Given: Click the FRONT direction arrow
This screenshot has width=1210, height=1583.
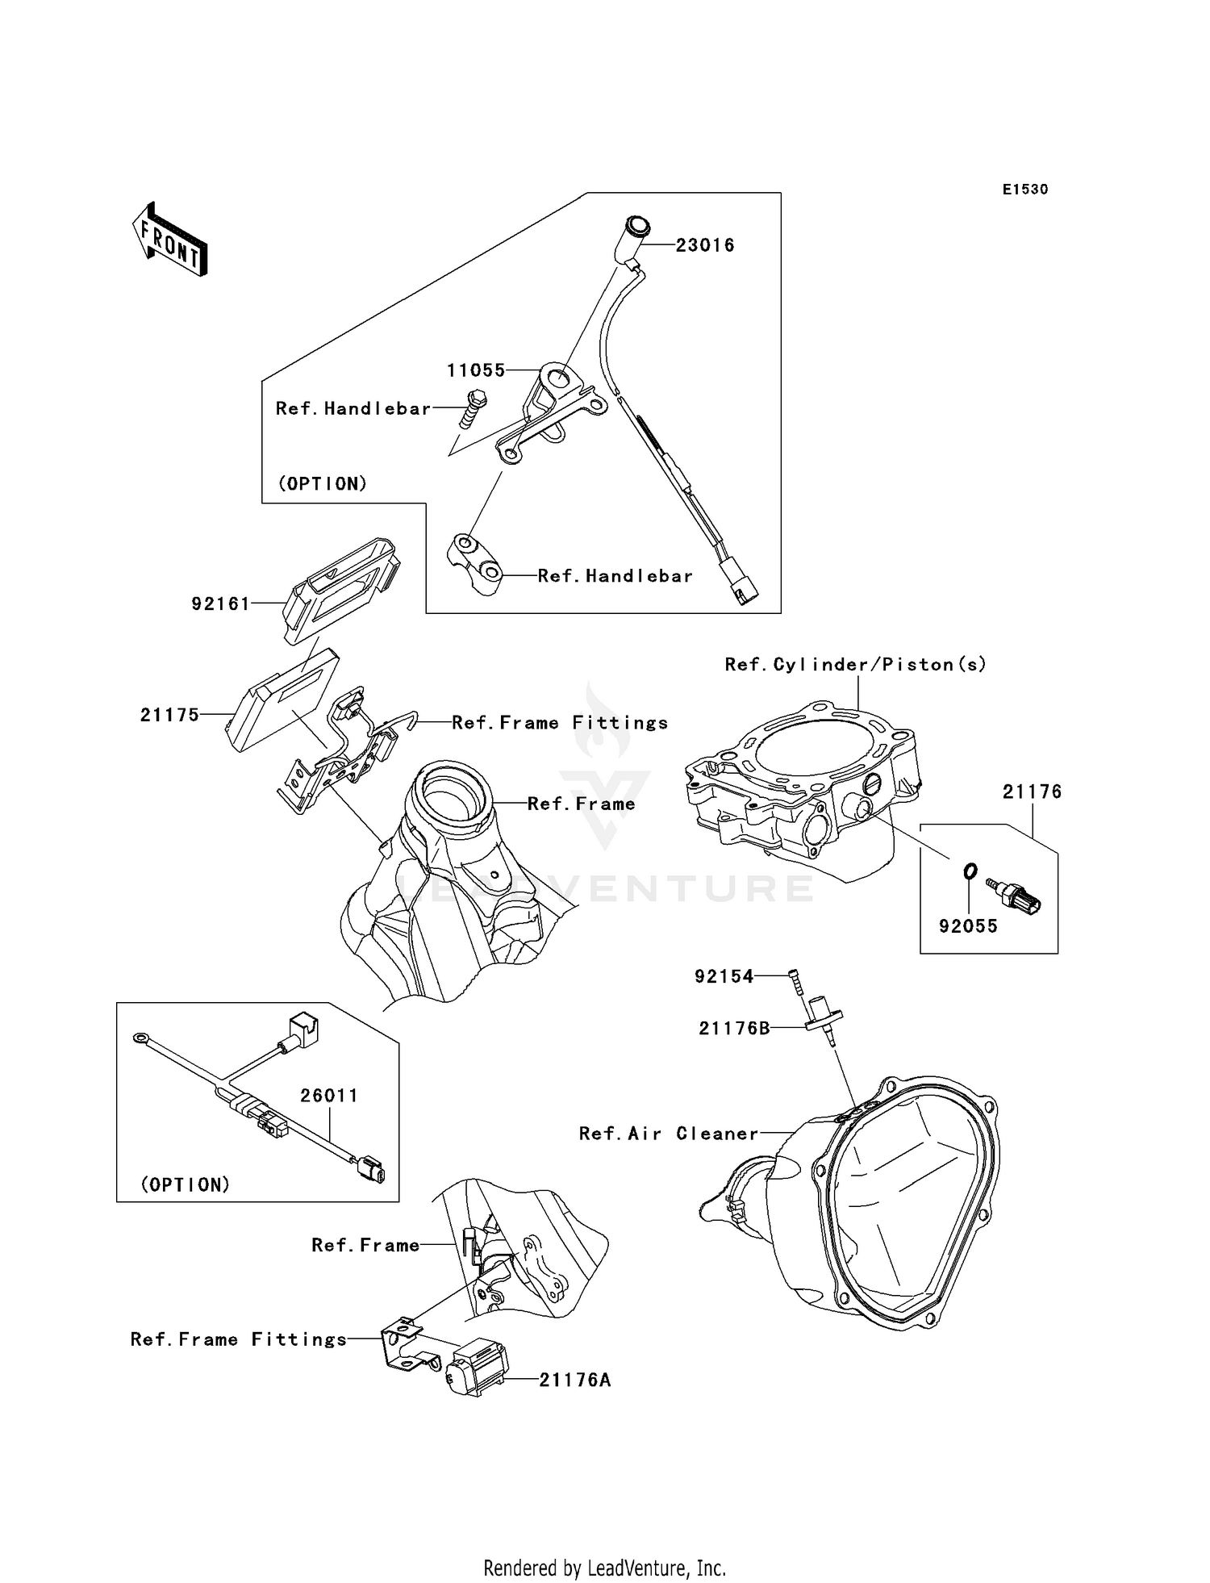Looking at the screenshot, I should [170, 240].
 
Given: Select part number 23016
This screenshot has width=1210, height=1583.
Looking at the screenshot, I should [704, 245].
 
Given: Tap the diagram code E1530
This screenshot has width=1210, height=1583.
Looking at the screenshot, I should [1025, 190].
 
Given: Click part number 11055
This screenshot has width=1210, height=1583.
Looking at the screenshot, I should [476, 370].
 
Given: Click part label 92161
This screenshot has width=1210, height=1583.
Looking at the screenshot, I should [221, 604].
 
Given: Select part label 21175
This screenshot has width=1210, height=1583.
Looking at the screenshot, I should [169, 715].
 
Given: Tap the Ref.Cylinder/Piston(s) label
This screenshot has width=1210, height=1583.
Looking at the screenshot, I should [855, 665].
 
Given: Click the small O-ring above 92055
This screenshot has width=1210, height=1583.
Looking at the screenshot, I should [970, 871].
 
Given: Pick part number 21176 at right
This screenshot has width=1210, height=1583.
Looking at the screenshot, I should [1032, 792].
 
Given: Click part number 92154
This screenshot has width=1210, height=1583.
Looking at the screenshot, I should [724, 976].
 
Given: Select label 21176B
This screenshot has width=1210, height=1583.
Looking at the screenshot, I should [734, 1029].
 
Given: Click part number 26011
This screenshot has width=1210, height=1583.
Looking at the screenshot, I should [328, 1096].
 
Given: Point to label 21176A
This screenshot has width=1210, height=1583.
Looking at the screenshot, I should [574, 1380].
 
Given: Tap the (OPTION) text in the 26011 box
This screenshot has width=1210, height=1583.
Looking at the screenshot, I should [186, 1184].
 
